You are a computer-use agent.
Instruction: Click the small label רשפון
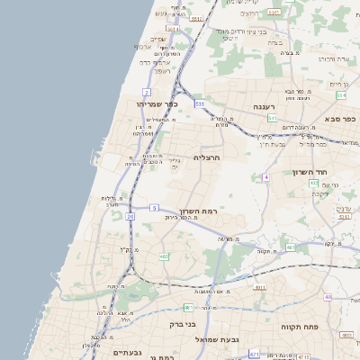point(163,70)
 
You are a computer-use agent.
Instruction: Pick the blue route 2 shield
point(146,92)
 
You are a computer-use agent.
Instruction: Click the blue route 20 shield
point(130,217)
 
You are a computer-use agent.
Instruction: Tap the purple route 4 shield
point(266,177)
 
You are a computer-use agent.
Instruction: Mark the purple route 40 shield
point(328,297)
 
